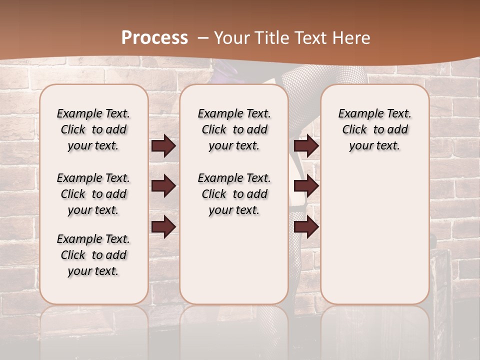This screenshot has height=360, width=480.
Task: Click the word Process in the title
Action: [x=154, y=37]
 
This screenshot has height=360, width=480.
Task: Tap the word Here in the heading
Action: [x=352, y=37]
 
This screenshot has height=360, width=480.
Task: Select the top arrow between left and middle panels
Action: [x=163, y=146]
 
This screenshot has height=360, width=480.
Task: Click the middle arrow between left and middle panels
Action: [x=163, y=186]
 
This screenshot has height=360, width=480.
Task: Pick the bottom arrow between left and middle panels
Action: [x=163, y=227]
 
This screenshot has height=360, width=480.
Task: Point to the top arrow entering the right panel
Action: [x=306, y=146]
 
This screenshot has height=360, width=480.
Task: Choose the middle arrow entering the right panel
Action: [x=306, y=186]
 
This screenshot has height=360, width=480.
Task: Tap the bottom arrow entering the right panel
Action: [x=306, y=227]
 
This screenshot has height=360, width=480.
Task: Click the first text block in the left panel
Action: [x=93, y=129]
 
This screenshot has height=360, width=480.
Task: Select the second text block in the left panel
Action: [x=93, y=194]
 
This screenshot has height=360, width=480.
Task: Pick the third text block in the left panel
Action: [x=93, y=255]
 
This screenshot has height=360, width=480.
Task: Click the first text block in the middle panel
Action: [x=234, y=129]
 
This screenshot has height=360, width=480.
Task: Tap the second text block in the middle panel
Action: [x=234, y=194]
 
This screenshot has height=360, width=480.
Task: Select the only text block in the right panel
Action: [x=374, y=129]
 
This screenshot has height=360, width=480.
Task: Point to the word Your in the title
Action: [x=230, y=37]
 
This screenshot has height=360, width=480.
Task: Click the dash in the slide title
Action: [x=202, y=37]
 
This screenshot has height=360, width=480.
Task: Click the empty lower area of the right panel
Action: [x=374, y=235]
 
